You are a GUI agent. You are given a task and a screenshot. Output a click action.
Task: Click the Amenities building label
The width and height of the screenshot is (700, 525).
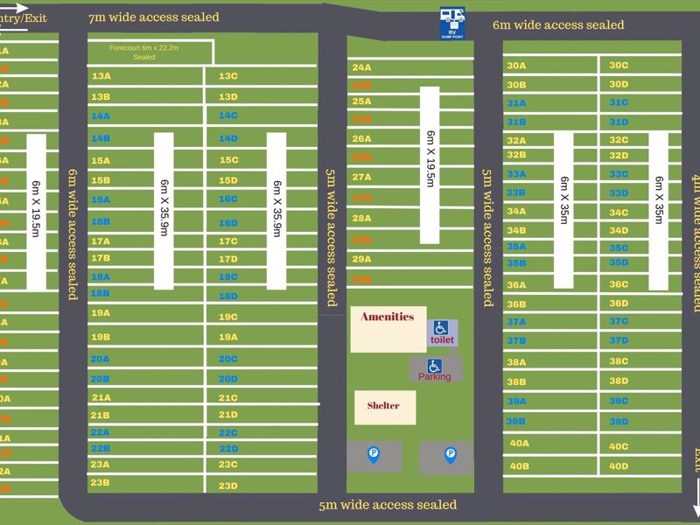[x=388, y=317]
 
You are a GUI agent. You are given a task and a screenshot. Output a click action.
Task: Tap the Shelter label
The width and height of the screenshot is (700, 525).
[x=383, y=405]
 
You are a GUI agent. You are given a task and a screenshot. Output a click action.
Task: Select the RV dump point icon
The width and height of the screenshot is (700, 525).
[x=452, y=23]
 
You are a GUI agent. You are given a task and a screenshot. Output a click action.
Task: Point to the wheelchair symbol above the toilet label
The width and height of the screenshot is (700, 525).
[x=441, y=326]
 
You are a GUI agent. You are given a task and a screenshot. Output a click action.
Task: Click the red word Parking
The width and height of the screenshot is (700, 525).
[x=435, y=376]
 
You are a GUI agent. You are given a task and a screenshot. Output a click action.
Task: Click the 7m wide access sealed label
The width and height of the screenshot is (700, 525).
[x=154, y=17]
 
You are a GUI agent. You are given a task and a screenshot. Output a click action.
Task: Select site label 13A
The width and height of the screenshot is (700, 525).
[x=101, y=76]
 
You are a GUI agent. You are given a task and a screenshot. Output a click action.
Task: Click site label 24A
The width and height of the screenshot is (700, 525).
[x=361, y=67]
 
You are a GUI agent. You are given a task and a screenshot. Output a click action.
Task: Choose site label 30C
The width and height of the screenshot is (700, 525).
[x=619, y=65]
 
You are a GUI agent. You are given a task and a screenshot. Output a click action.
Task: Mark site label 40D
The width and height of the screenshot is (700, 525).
[x=619, y=466]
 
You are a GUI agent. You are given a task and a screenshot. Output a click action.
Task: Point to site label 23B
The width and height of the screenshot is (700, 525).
[x=100, y=482]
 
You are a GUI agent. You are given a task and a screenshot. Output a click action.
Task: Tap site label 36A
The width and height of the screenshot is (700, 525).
[x=516, y=284]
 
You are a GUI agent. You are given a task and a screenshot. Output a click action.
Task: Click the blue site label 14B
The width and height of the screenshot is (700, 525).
[x=101, y=138]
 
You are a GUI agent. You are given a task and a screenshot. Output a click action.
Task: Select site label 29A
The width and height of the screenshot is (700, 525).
[x=361, y=259]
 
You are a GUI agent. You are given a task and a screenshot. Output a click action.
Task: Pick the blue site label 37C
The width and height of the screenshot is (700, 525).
[x=619, y=321]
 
